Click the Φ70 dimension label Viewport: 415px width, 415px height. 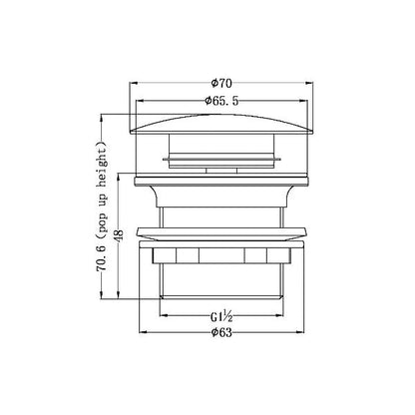tap(221, 83)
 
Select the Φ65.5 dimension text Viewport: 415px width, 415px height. tap(221, 101)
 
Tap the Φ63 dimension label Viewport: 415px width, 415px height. tap(221, 332)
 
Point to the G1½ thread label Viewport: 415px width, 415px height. tap(221, 316)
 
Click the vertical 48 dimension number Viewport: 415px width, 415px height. tap(120, 234)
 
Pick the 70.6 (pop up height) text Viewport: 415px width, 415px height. tap(102, 207)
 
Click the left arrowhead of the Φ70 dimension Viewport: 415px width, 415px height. tap(133, 83)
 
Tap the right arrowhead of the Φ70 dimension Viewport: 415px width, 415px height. tap(309, 83)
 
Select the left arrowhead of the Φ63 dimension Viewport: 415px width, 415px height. tap(143, 332)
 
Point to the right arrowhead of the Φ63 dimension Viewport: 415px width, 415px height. tap(300, 332)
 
